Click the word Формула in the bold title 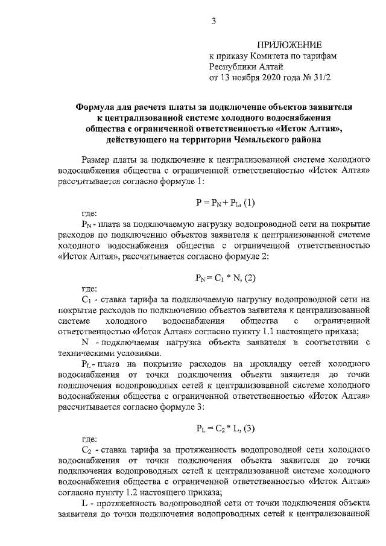(x=96, y=106)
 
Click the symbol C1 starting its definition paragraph (x=85, y=299)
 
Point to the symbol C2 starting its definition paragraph (x=85, y=450)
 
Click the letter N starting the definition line (x=84, y=343)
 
